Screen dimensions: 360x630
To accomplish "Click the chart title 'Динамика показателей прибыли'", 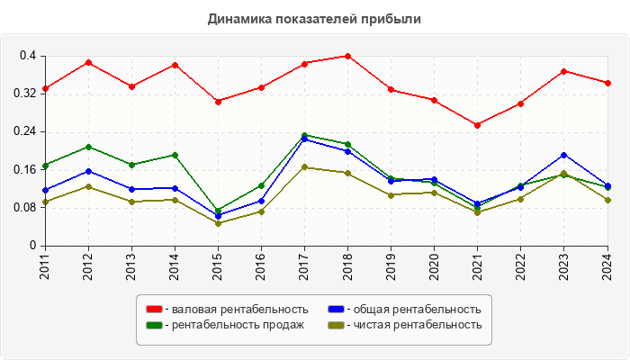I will tap(314, 18).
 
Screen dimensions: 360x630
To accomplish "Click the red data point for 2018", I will tap(347, 56).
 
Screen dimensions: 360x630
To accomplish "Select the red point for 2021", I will tap(478, 125).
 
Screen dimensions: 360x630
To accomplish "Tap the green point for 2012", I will tap(88, 147).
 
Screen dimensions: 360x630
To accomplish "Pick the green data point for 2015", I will tap(218, 211).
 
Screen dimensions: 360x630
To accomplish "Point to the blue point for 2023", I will tap(564, 155).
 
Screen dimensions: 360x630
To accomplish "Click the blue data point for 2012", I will tap(88, 171).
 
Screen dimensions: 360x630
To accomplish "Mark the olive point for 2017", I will tap(304, 167).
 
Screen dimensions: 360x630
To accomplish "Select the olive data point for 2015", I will tap(218, 223).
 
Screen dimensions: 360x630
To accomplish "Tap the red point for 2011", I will tap(45, 88).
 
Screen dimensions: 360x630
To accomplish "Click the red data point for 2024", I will tap(607, 83).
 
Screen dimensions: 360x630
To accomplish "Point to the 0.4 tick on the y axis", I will tap(27, 56).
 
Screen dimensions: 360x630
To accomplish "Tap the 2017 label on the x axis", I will tap(304, 266).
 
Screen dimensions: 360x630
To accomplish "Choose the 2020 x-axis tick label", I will tap(435, 266).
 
